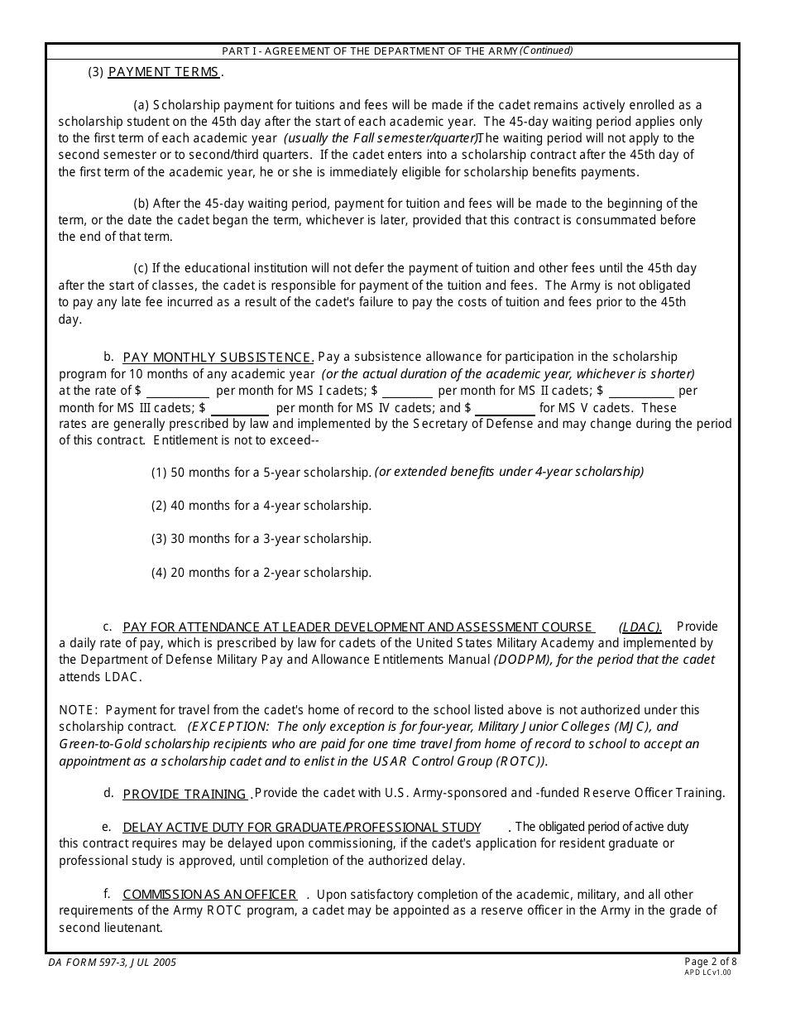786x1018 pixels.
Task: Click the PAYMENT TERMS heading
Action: click(x=163, y=72)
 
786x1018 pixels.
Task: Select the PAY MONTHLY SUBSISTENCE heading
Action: click(x=218, y=358)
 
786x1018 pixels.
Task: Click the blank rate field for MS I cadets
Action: click(x=178, y=391)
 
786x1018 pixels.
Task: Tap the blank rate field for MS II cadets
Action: click(x=407, y=391)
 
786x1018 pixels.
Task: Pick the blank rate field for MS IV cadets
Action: click(x=240, y=408)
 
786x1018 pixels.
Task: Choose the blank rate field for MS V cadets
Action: click(x=505, y=408)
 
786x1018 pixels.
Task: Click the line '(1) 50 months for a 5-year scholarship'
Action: click(x=261, y=473)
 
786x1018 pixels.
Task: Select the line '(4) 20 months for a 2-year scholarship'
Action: click(x=261, y=573)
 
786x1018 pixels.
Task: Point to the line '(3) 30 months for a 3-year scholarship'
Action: click(x=261, y=539)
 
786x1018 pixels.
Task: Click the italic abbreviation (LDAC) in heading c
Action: click(x=640, y=627)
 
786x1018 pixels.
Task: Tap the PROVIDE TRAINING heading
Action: click(x=185, y=795)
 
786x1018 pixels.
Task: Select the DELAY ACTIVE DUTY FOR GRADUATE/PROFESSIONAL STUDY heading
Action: click(x=302, y=828)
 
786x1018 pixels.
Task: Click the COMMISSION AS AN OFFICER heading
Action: click(x=209, y=895)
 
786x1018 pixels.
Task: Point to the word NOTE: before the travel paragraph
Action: click(x=79, y=710)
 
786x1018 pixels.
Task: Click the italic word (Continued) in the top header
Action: click(x=545, y=50)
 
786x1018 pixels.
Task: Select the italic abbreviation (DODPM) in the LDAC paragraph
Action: click(x=525, y=660)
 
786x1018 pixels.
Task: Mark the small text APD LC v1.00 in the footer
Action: click(x=707, y=973)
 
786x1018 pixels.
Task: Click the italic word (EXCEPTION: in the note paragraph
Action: click(x=222, y=727)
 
